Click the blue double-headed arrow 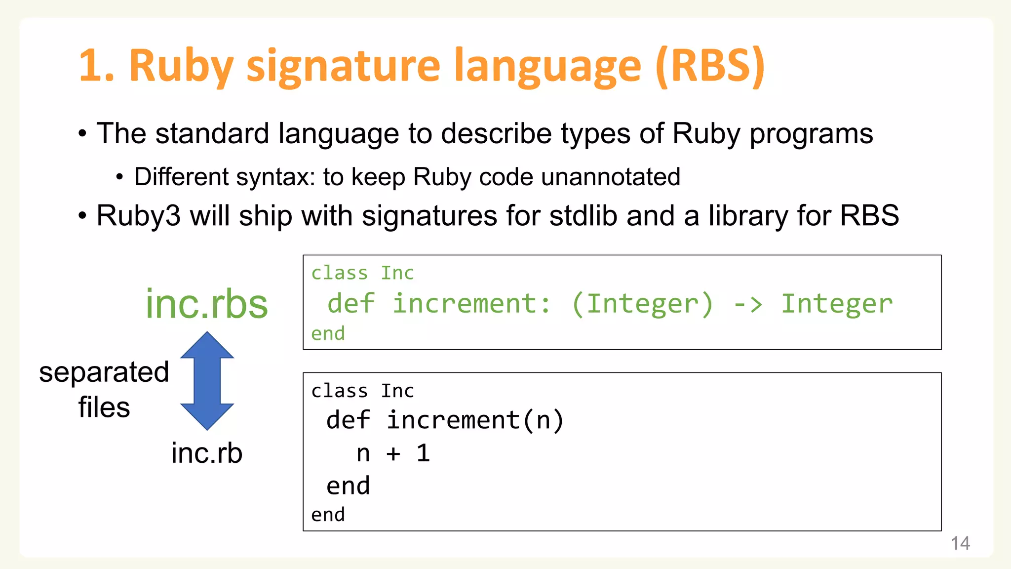207,380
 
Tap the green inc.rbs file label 206,304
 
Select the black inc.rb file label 207,453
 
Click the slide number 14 960,543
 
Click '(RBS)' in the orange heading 710,67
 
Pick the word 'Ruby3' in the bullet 139,216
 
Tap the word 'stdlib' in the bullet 583,216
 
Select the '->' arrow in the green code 748,304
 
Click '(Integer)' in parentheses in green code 643,304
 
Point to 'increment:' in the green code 471,304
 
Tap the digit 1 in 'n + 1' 423,453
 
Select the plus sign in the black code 393,453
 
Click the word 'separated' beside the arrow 104,372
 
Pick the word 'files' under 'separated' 104,407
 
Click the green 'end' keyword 328,334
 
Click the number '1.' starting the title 96,67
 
